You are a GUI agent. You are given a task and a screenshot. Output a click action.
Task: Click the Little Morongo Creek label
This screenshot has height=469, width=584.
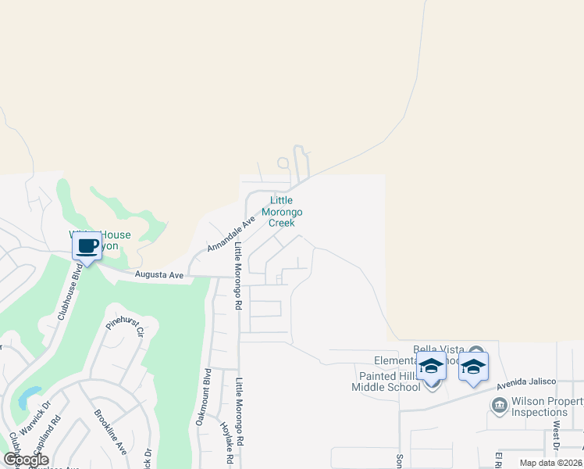point(282,212)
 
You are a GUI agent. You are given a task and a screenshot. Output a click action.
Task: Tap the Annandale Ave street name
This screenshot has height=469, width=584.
point(232,234)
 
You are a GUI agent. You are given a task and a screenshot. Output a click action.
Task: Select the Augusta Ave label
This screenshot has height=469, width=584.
point(158,275)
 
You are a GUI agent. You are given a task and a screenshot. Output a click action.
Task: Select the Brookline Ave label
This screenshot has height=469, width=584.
point(110,432)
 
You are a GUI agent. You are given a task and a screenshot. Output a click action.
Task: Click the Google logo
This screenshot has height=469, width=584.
point(26,460)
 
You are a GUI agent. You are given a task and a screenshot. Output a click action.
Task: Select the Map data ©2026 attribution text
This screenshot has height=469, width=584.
point(550,463)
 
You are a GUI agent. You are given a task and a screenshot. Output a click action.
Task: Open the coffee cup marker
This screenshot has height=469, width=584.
point(87,246)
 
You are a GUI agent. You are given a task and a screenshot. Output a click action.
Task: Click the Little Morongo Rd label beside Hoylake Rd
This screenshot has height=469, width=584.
point(240,413)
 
